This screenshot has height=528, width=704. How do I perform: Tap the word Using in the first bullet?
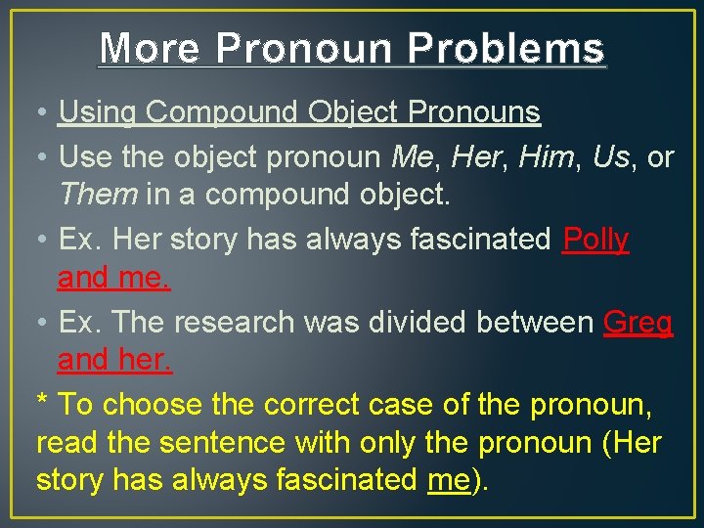[98, 112]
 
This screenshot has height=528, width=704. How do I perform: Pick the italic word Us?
[611, 156]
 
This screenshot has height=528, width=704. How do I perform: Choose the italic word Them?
[98, 195]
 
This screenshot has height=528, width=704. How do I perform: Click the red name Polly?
[595, 239]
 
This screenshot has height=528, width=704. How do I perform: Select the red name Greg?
[638, 322]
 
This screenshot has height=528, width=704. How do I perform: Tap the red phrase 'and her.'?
[114, 360]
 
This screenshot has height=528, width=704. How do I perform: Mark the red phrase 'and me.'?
[113, 278]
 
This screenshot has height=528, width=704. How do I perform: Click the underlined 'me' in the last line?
[449, 480]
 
